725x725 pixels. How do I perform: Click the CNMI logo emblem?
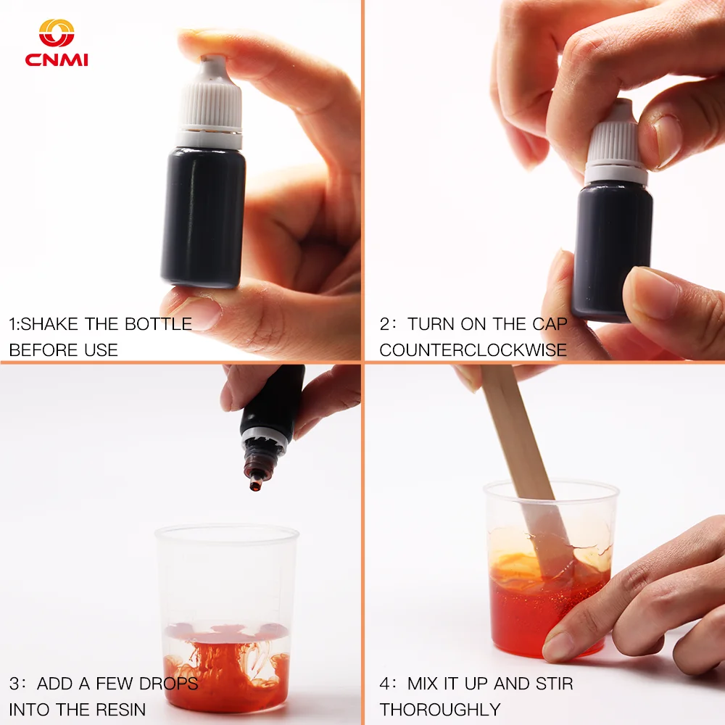click(57, 33)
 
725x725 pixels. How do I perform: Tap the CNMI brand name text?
click(57, 60)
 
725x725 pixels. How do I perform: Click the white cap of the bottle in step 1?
click(210, 101)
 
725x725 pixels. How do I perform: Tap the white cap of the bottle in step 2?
click(615, 144)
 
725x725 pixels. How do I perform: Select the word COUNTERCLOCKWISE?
click(473, 350)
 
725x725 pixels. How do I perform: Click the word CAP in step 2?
click(550, 324)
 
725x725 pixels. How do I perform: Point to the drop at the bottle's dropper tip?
click(254, 486)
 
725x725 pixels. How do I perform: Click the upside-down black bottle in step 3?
click(268, 426)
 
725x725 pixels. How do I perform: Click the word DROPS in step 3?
click(168, 684)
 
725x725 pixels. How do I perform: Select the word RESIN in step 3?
click(120, 709)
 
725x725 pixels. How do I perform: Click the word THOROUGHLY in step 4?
click(440, 709)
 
